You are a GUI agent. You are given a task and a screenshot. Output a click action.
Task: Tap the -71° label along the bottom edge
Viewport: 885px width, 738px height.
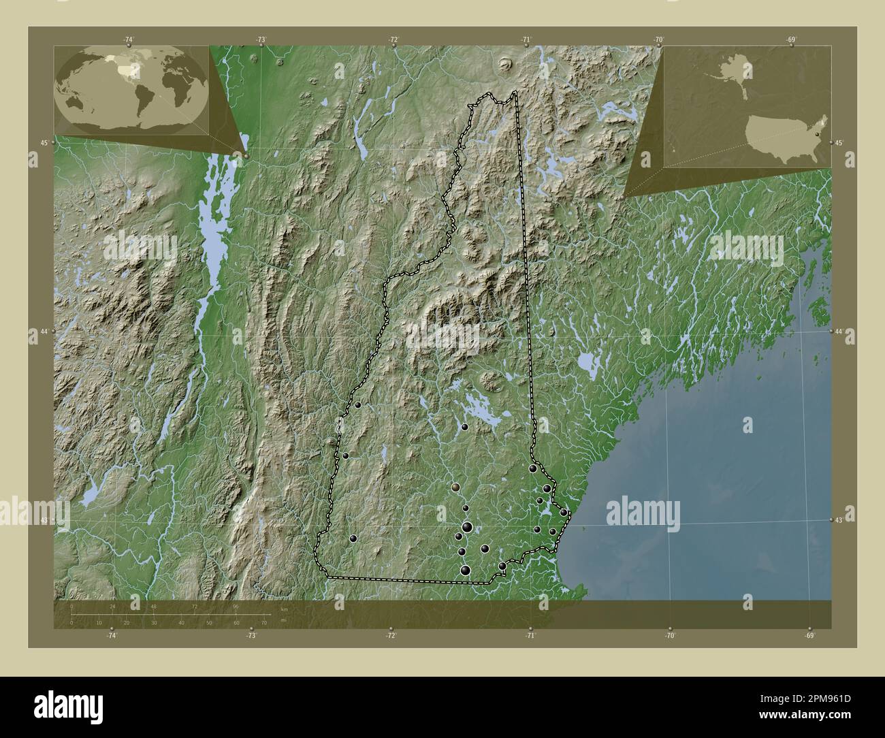pos(530,636)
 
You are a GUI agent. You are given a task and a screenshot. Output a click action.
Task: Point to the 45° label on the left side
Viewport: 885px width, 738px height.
pos(44,143)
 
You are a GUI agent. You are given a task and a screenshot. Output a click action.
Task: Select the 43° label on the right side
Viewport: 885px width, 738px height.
pos(839,519)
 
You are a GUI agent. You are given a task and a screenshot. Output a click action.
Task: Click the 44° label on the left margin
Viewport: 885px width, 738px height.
pos(44,332)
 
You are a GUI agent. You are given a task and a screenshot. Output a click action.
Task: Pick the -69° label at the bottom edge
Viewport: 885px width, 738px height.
pos(809,636)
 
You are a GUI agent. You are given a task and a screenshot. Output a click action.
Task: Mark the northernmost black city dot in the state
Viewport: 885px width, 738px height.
pos(357,405)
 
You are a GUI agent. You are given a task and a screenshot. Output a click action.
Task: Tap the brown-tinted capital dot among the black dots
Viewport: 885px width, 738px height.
pos(455,487)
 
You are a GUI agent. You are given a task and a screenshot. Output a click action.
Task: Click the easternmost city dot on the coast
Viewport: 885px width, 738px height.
pos(564,512)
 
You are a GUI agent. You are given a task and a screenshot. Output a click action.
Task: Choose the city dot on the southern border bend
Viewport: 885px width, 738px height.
pos(502,566)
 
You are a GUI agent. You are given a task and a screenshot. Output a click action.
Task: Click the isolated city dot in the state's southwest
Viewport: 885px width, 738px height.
pos(353,539)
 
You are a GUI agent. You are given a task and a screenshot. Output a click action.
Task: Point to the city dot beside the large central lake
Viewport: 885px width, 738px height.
pos(464,427)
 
